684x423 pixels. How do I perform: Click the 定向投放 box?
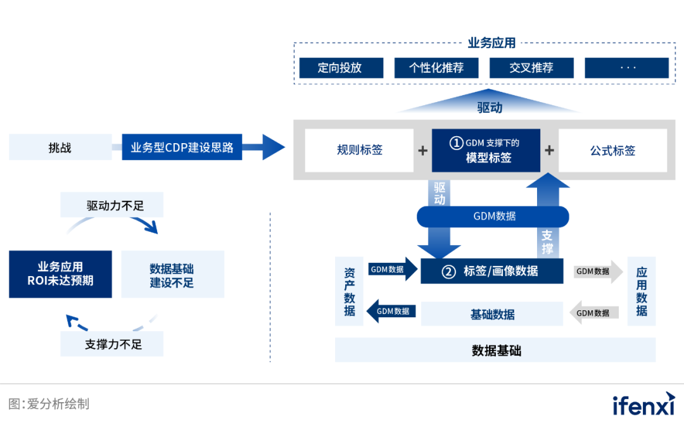point(341,68)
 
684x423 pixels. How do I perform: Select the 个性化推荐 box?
point(436,68)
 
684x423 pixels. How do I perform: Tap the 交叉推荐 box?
point(531,68)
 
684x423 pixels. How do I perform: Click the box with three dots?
point(626,68)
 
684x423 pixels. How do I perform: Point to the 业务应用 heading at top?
point(491,43)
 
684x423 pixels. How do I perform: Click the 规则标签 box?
point(359,151)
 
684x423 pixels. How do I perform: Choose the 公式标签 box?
point(612,151)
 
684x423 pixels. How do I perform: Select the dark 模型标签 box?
point(486,151)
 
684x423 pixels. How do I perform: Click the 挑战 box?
point(60,148)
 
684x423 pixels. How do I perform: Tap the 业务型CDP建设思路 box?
point(182,148)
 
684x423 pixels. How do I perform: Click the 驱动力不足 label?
point(112,206)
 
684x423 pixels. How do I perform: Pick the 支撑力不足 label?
point(112,344)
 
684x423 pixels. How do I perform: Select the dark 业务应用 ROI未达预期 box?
point(60,274)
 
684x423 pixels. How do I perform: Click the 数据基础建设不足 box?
point(172,274)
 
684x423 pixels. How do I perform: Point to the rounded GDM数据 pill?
point(493,217)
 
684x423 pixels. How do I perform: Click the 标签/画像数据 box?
point(492,271)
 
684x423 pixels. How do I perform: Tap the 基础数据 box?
point(492,314)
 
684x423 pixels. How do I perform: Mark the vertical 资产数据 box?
point(350,291)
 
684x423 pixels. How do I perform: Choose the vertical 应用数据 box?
point(642,291)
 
